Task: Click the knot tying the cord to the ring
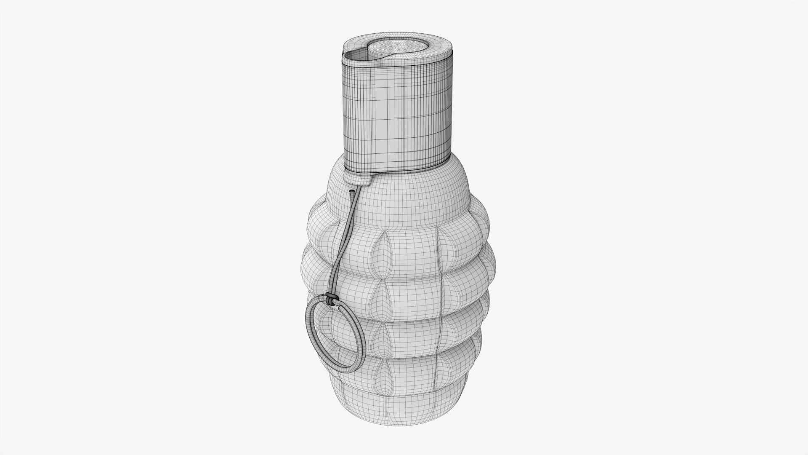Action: [332, 300]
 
